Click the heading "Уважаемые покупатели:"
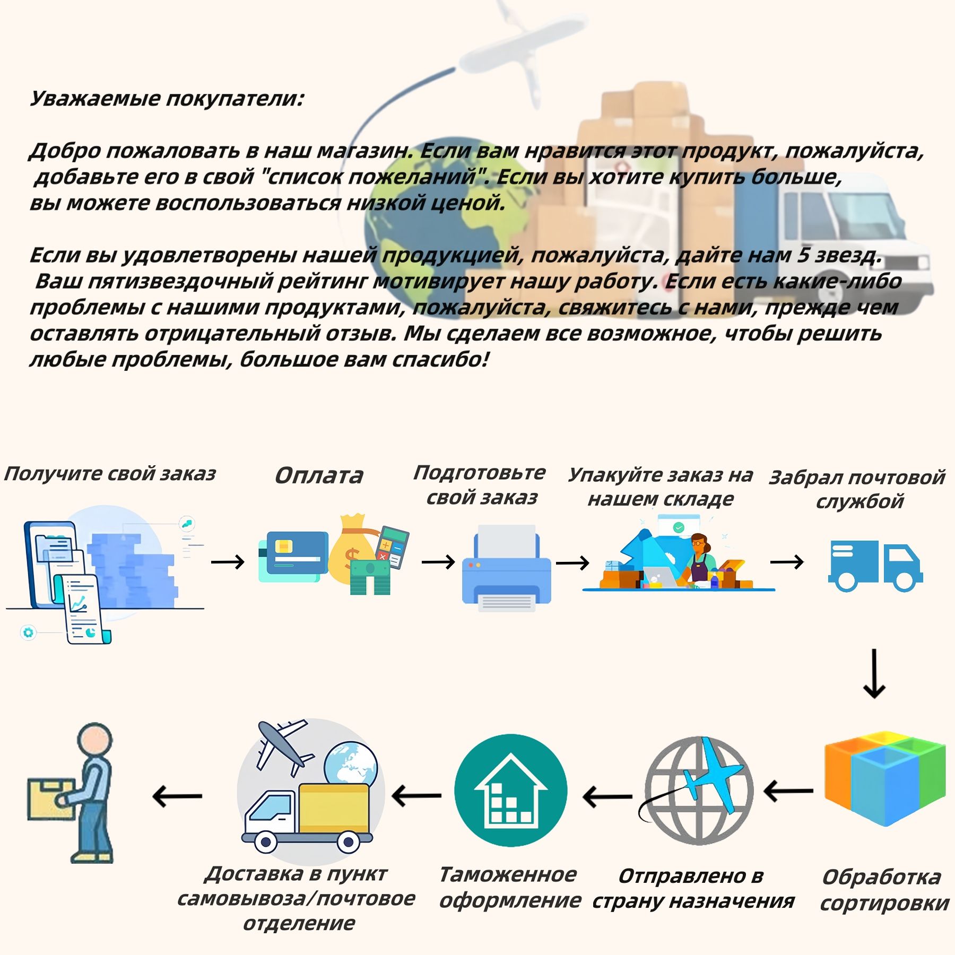coord(167,99)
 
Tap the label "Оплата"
coord(319,475)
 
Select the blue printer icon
coord(506,568)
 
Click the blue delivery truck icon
coord(875,566)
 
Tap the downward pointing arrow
coord(874,673)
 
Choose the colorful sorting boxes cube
coord(885,779)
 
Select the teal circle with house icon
coord(510,790)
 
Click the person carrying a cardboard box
coord(72,793)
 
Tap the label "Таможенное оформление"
coord(510,887)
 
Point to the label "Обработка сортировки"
coord(884,890)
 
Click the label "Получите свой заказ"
coord(110,473)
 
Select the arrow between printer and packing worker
coord(572,562)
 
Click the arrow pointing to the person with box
coord(177,796)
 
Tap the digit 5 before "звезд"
coord(802,255)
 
